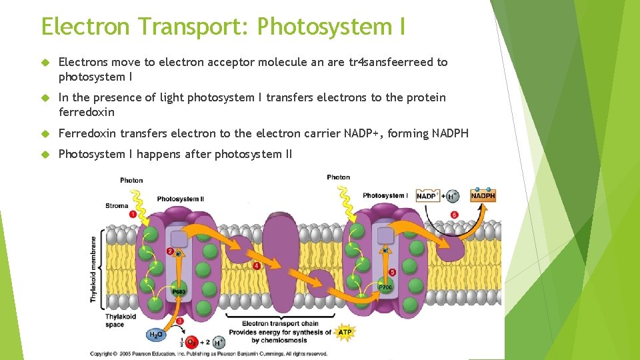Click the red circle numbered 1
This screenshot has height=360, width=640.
click(x=133, y=214)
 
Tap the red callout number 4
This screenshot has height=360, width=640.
click(x=257, y=265)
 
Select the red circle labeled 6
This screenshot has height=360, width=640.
click(x=454, y=215)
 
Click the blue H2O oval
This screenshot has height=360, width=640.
click(x=155, y=335)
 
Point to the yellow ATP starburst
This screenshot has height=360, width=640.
click(x=345, y=331)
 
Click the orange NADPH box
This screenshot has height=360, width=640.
click(x=483, y=196)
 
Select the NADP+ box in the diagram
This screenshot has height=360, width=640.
click(x=427, y=196)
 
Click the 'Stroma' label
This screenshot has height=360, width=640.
click(x=117, y=206)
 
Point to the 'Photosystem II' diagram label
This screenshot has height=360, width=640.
click(x=180, y=199)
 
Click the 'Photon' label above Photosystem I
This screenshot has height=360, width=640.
click(x=338, y=177)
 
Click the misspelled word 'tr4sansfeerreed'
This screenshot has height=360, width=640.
click(x=391, y=62)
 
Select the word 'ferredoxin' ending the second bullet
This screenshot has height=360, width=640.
click(x=87, y=112)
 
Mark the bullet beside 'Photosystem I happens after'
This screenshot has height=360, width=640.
click(x=45, y=154)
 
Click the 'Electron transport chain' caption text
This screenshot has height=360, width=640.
click(x=281, y=323)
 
